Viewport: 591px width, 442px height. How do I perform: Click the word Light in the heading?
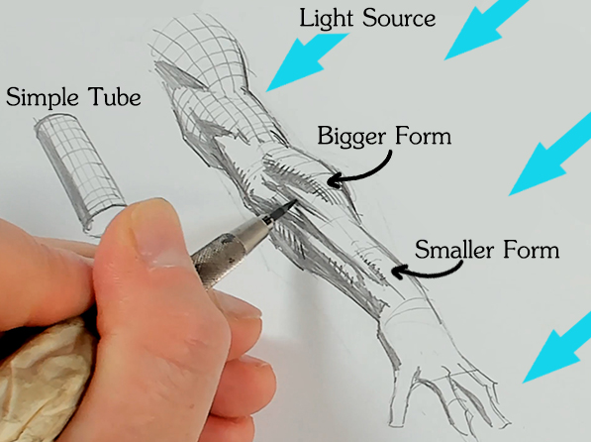tap(326, 18)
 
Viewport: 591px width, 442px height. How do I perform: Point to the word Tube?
tap(115, 97)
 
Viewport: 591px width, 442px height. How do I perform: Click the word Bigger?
tap(351, 136)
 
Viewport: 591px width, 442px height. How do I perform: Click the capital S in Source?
tap(370, 18)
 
